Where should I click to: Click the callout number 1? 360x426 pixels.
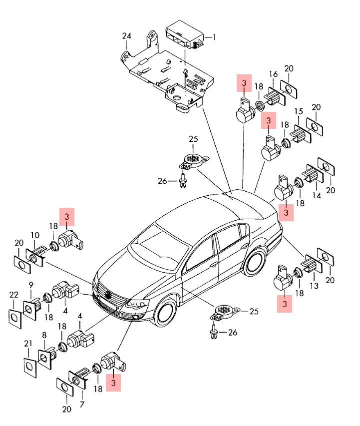coord(214,37)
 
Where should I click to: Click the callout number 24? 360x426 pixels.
coord(126,35)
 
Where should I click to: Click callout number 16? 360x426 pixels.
coord(273,74)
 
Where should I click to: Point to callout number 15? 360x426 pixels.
coord(299,111)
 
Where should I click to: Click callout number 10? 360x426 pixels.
coord(35,235)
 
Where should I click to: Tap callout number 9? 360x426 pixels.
coord(30,285)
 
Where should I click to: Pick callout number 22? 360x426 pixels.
coord(13,295)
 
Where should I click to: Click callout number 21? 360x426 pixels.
coord(28,343)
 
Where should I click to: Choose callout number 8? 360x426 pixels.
coord(44,335)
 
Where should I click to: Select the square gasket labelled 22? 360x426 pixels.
coord(14,317)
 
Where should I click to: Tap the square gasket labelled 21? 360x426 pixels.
coord(30,366)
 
